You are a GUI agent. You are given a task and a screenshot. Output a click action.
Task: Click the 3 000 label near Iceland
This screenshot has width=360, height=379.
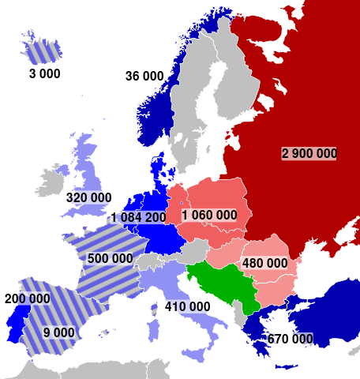tap(44, 73)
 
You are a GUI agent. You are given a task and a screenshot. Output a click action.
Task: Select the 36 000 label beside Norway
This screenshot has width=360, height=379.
tap(144, 76)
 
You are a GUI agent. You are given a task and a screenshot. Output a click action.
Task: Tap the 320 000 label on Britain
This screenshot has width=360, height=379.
tap(88, 197)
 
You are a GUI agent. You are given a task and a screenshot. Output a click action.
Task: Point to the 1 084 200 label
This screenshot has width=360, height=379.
tap(139, 217)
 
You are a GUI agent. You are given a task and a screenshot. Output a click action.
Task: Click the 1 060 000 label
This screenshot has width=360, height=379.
tap(209, 215)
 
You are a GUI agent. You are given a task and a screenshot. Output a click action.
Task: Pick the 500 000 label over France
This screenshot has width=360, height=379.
tap(111, 258)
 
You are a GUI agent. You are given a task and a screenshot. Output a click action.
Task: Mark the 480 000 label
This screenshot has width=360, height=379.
tap(264, 263)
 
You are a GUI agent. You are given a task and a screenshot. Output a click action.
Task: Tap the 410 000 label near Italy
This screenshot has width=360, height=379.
tap(187, 306)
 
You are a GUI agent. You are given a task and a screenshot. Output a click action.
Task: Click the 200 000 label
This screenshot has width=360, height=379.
tap(27, 299)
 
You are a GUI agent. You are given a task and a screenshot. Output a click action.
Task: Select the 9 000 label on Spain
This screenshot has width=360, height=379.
tap(60, 332)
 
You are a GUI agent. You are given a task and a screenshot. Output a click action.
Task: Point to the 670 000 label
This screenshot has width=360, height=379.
tap(290, 340)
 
